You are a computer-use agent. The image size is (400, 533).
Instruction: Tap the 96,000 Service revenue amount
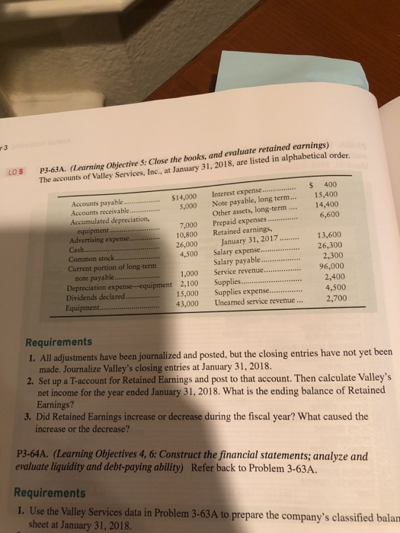[328, 288]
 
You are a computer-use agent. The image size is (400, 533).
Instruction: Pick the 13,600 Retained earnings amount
[330, 256]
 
